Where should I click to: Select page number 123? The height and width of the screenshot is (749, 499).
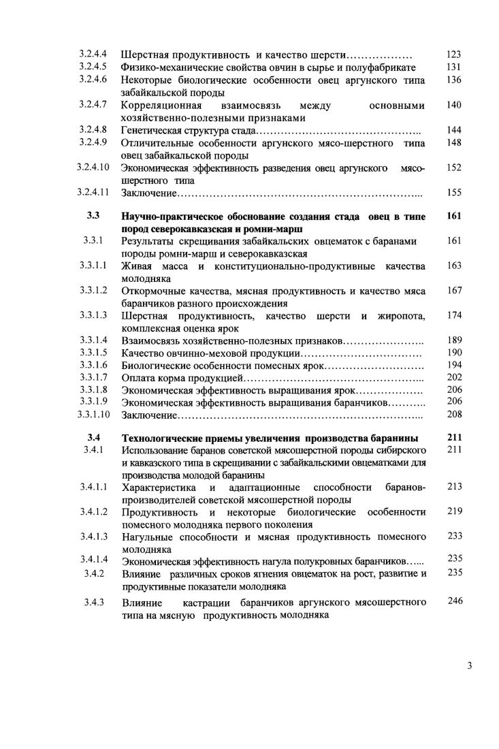454,54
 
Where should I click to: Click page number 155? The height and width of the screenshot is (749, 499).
454,193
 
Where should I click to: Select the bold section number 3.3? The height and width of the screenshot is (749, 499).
93,217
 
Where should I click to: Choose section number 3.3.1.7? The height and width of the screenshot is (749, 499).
93,377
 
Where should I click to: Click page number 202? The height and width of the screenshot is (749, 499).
454,377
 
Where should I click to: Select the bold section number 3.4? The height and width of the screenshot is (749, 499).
93,438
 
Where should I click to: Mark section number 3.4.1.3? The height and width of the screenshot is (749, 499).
93,537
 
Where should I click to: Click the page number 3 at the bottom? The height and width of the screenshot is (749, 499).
470,665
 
